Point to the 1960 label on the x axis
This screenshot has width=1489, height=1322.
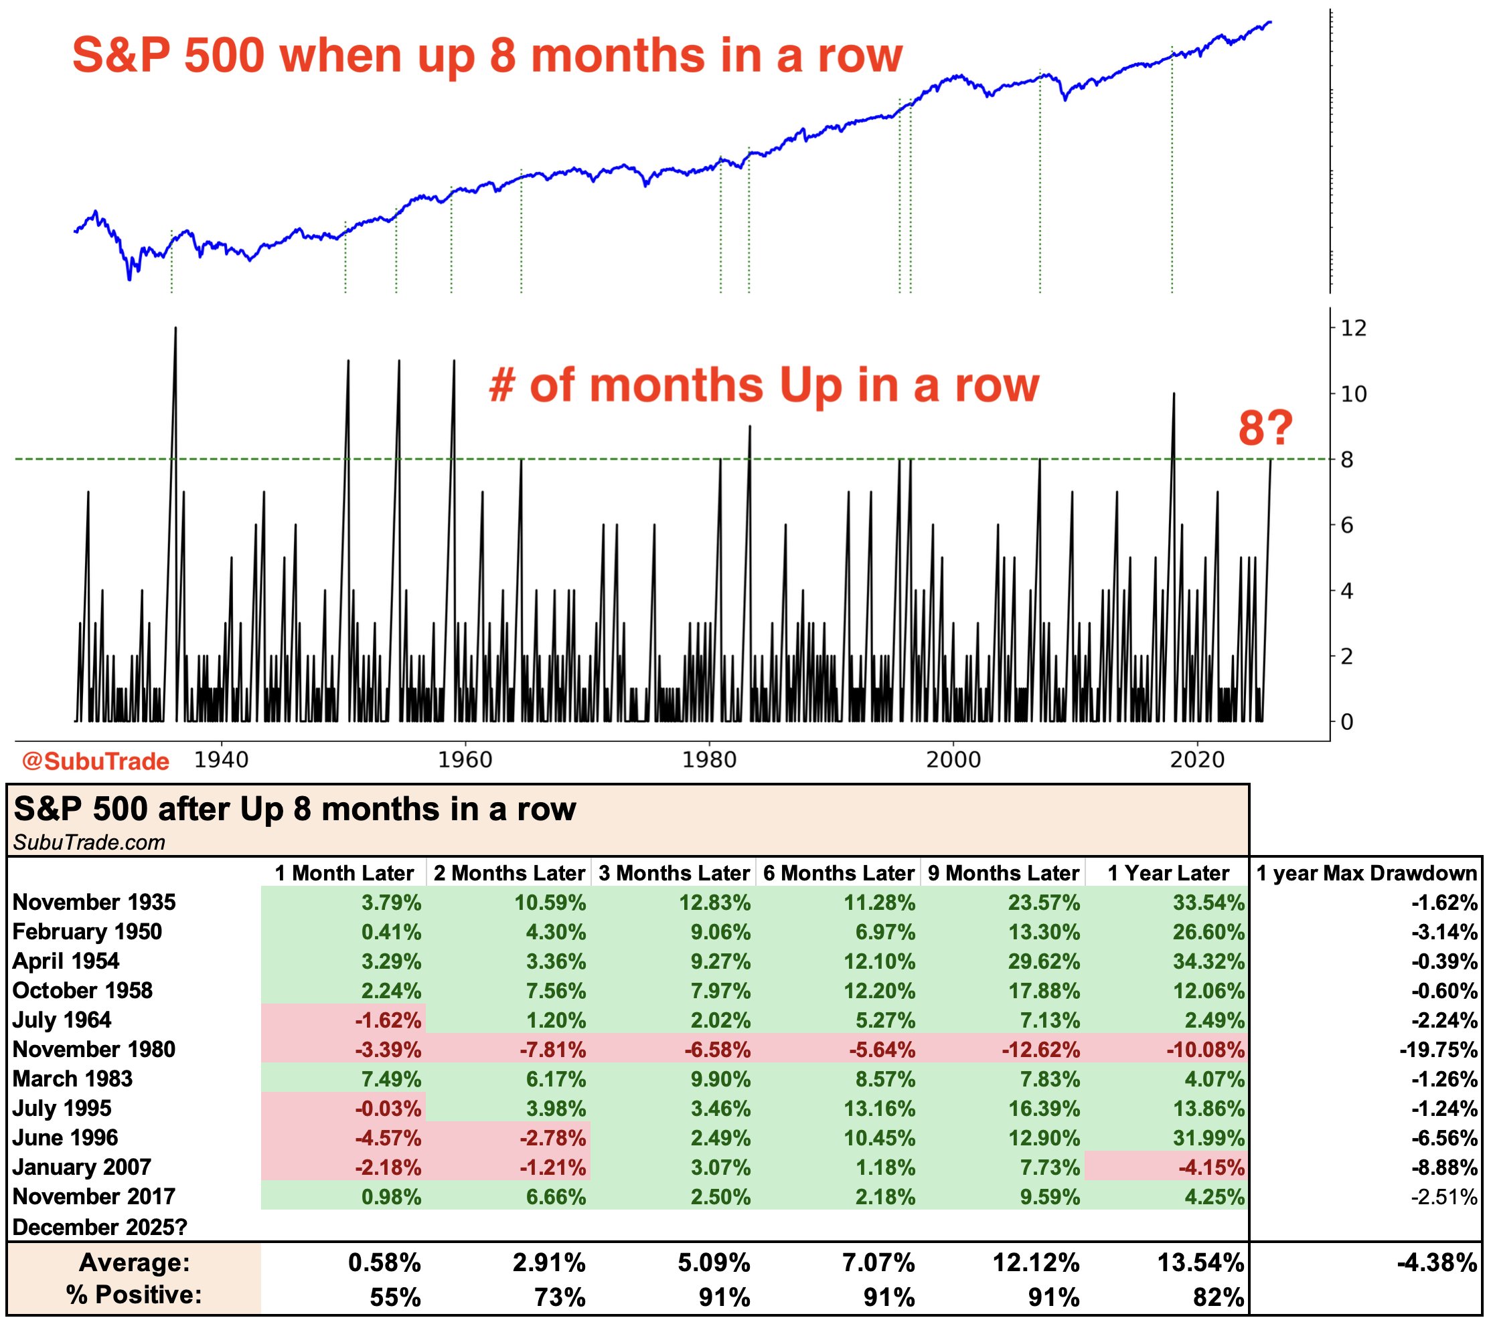coord(465,760)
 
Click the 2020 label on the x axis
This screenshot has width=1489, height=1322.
coord(1197,760)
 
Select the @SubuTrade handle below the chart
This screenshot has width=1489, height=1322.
coord(96,761)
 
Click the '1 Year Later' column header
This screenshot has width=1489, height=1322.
coord(1168,873)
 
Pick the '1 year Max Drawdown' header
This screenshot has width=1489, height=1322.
coord(1367,873)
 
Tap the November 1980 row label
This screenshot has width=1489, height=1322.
coord(94,1049)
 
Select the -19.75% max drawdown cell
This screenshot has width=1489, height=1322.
coord(1438,1050)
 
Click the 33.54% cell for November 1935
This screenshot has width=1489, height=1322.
coord(1208,903)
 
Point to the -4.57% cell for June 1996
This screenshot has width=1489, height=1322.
coord(388,1138)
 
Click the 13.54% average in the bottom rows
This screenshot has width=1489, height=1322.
coord(1200,1262)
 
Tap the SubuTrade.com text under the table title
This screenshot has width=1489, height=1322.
coord(89,842)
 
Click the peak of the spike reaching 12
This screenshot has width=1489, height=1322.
coord(175,328)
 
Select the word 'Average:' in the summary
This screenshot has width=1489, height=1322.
coord(134,1262)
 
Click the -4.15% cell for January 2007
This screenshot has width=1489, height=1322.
coord(1210,1167)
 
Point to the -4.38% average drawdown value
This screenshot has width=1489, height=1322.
coord(1437,1262)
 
